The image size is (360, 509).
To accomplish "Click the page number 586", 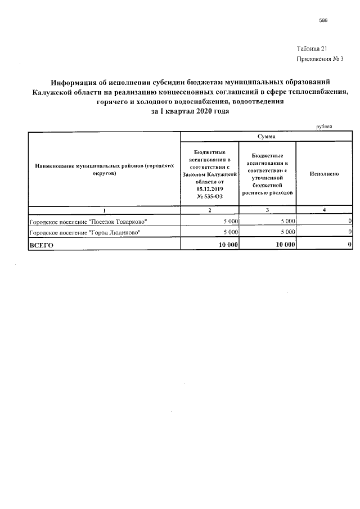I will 323,20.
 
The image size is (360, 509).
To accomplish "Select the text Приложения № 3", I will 319,59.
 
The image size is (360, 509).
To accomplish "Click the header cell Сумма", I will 266,137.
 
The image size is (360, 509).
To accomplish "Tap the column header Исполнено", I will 324,174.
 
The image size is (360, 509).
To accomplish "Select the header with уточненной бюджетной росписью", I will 267,174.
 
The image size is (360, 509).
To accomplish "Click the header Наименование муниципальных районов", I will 103,170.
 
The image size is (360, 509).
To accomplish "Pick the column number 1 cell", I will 103,210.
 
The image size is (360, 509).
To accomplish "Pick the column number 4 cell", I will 324,210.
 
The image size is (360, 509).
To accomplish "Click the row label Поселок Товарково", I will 88,221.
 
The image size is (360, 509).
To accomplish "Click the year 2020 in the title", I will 204,111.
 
